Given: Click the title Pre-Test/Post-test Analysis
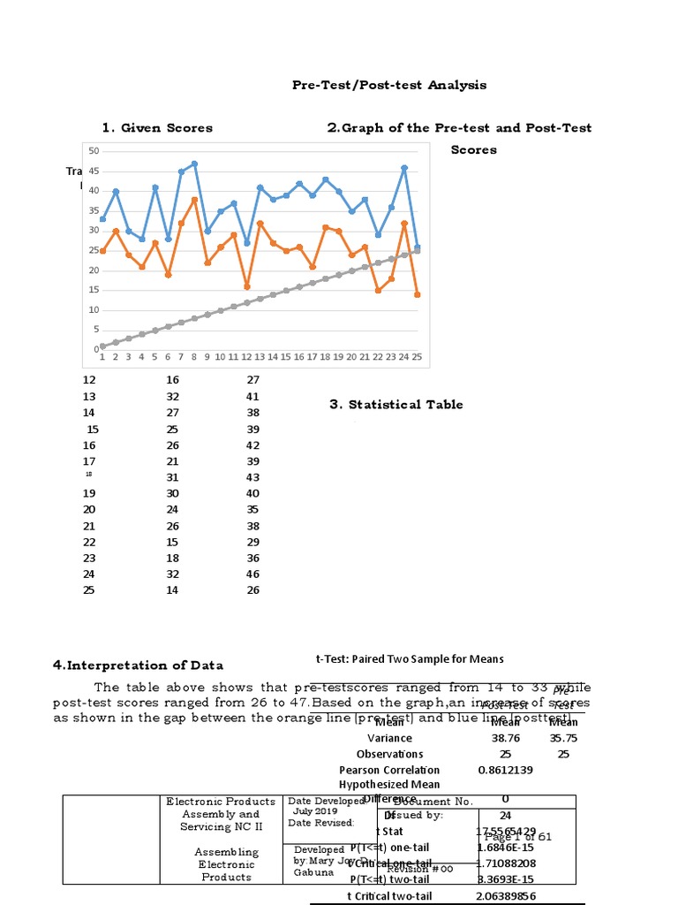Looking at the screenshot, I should pos(389,85).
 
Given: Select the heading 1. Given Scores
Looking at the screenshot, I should pos(157,128).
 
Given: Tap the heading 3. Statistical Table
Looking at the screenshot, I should pos(396,405).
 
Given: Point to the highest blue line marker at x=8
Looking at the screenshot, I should pos(194,164).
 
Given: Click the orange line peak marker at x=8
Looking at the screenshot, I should pos(194,200).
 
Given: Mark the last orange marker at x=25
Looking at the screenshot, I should pos(417,294).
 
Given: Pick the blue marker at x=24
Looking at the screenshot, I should pos(404,167).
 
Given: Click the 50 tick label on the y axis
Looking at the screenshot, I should pos(94,152).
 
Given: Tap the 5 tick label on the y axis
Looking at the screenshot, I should pos(96,330).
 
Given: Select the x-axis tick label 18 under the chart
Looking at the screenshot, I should pos(325,357).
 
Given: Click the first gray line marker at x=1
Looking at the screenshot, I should pos(102,346).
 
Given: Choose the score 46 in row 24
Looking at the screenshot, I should pos(253,574).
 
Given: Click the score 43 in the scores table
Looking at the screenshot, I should pos(253,477).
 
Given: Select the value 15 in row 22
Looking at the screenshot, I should pos(172,542).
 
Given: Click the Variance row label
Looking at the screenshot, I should pos(389,737).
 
